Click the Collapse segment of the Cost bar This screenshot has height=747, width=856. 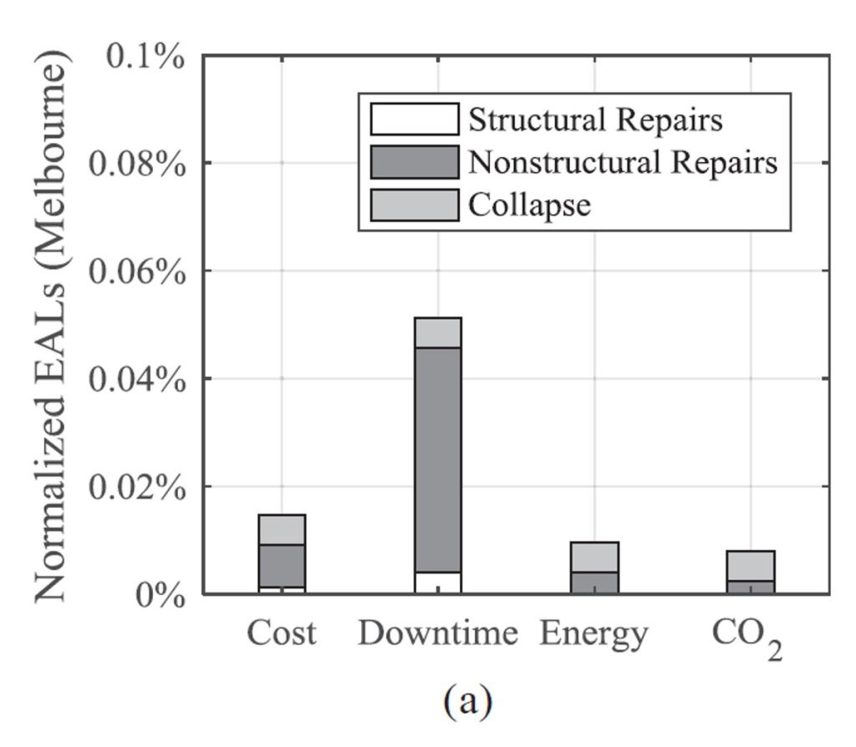pyautogui.click(x=282, y=530)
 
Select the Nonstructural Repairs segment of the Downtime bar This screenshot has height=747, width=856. pyautogui.click(x=438, y=460)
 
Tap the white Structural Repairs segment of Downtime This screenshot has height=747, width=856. pyautogui.click(x=438, y=582)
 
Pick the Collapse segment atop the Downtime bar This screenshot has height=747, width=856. pyautogui.click(x=438, y=333)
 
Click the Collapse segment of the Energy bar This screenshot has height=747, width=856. pyautogui.click(x=594, y=556)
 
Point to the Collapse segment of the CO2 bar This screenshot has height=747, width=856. pyautogui.click(x=751, y=566)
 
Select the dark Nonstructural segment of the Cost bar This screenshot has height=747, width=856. pyautogui.click(x=282, y=566)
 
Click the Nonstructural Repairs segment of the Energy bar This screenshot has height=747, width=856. pyautogui.click(x=594, y=582)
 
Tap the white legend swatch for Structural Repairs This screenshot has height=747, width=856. pyautogui.click(x=415, y=119)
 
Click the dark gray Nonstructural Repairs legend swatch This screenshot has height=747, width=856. pyautogui.click(x=415, y=162)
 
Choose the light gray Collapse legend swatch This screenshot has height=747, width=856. pyautogui.click(x=415, y=205)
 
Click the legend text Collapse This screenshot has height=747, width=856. pyautogui.click(x=530, y=205)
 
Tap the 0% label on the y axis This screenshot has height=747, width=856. pyautogui.click(x=160, y=595)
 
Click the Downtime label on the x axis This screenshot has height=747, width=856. pyautogui.click(x=438, y=635)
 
